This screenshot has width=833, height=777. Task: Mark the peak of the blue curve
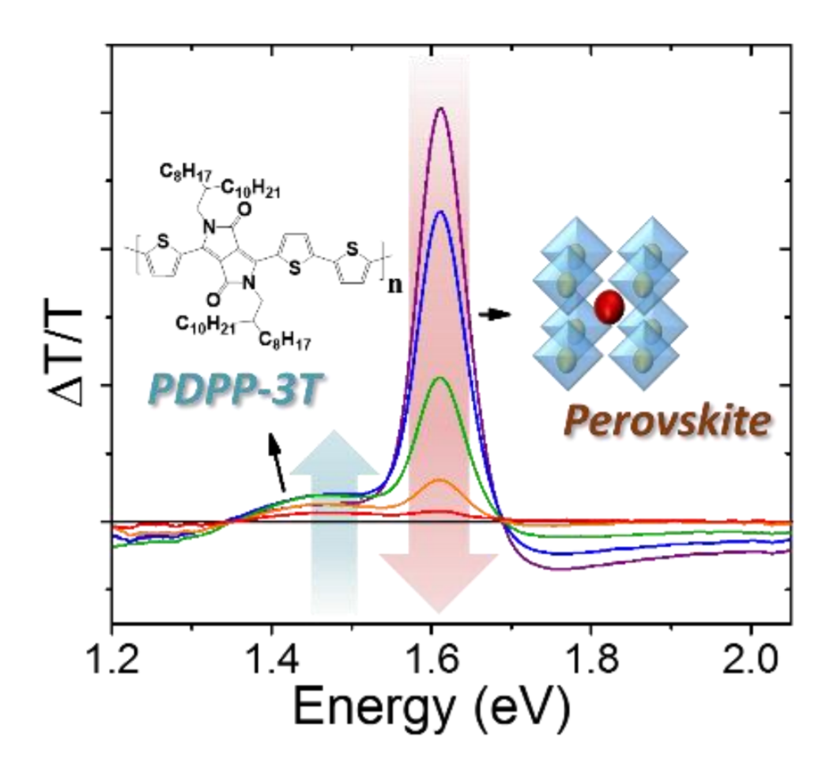pos(440,212)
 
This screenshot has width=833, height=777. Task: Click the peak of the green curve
pos(440,378)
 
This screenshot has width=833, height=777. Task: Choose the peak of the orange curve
pos(440,480)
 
